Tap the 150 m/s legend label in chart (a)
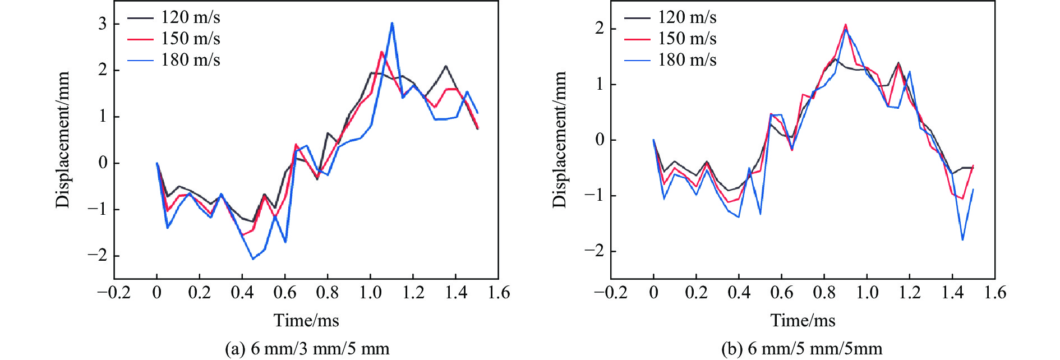(190, 39)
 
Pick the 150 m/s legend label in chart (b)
(687, 39)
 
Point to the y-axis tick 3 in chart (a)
(103, 24)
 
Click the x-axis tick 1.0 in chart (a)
(370, 293)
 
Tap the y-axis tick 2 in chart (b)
(600, 29)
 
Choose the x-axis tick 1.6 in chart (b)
(995, 293)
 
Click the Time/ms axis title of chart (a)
(306, 320)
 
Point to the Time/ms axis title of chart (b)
(803, 320)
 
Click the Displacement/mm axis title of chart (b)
(559, 140)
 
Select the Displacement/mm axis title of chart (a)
(62, 140)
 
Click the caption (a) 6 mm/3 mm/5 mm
(307, 349)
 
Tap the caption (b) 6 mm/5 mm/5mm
(801, 349)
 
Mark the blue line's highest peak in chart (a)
(392, 23)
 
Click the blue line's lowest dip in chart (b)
(962, 240)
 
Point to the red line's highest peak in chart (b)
(845, 25)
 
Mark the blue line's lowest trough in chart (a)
(253, 259)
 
